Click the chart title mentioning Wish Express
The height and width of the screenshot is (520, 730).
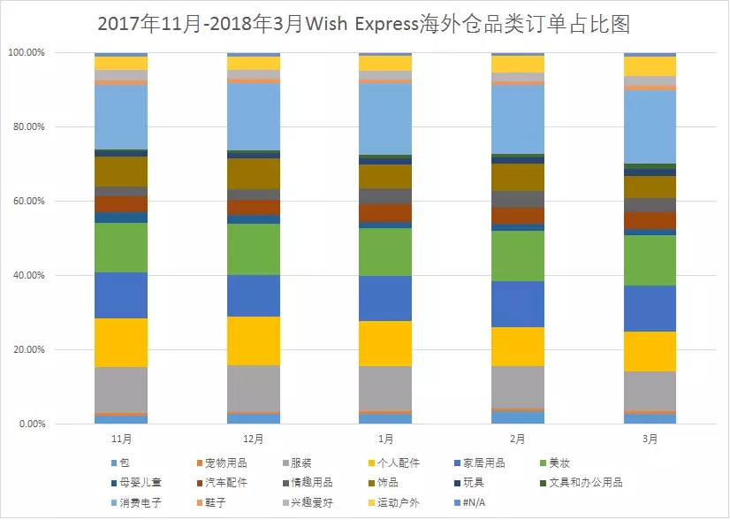(x=364, y=24)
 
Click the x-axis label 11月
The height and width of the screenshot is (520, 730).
(x=121, y=439)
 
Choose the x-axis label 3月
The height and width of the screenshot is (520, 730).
(x=650, y=439)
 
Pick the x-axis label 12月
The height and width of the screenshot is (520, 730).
(x=254, y=439)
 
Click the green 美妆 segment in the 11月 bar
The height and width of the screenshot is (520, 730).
(x=121, y=248)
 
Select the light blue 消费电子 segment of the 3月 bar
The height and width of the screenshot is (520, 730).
(x=650, y=127)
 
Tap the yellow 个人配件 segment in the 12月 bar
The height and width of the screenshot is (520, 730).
(x=254, y=340)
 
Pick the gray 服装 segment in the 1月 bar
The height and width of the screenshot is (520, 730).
(x=385, y=388)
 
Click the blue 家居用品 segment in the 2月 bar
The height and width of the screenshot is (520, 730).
(x=517, y=304)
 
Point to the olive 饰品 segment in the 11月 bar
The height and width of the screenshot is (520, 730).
(x=121, y=172)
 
